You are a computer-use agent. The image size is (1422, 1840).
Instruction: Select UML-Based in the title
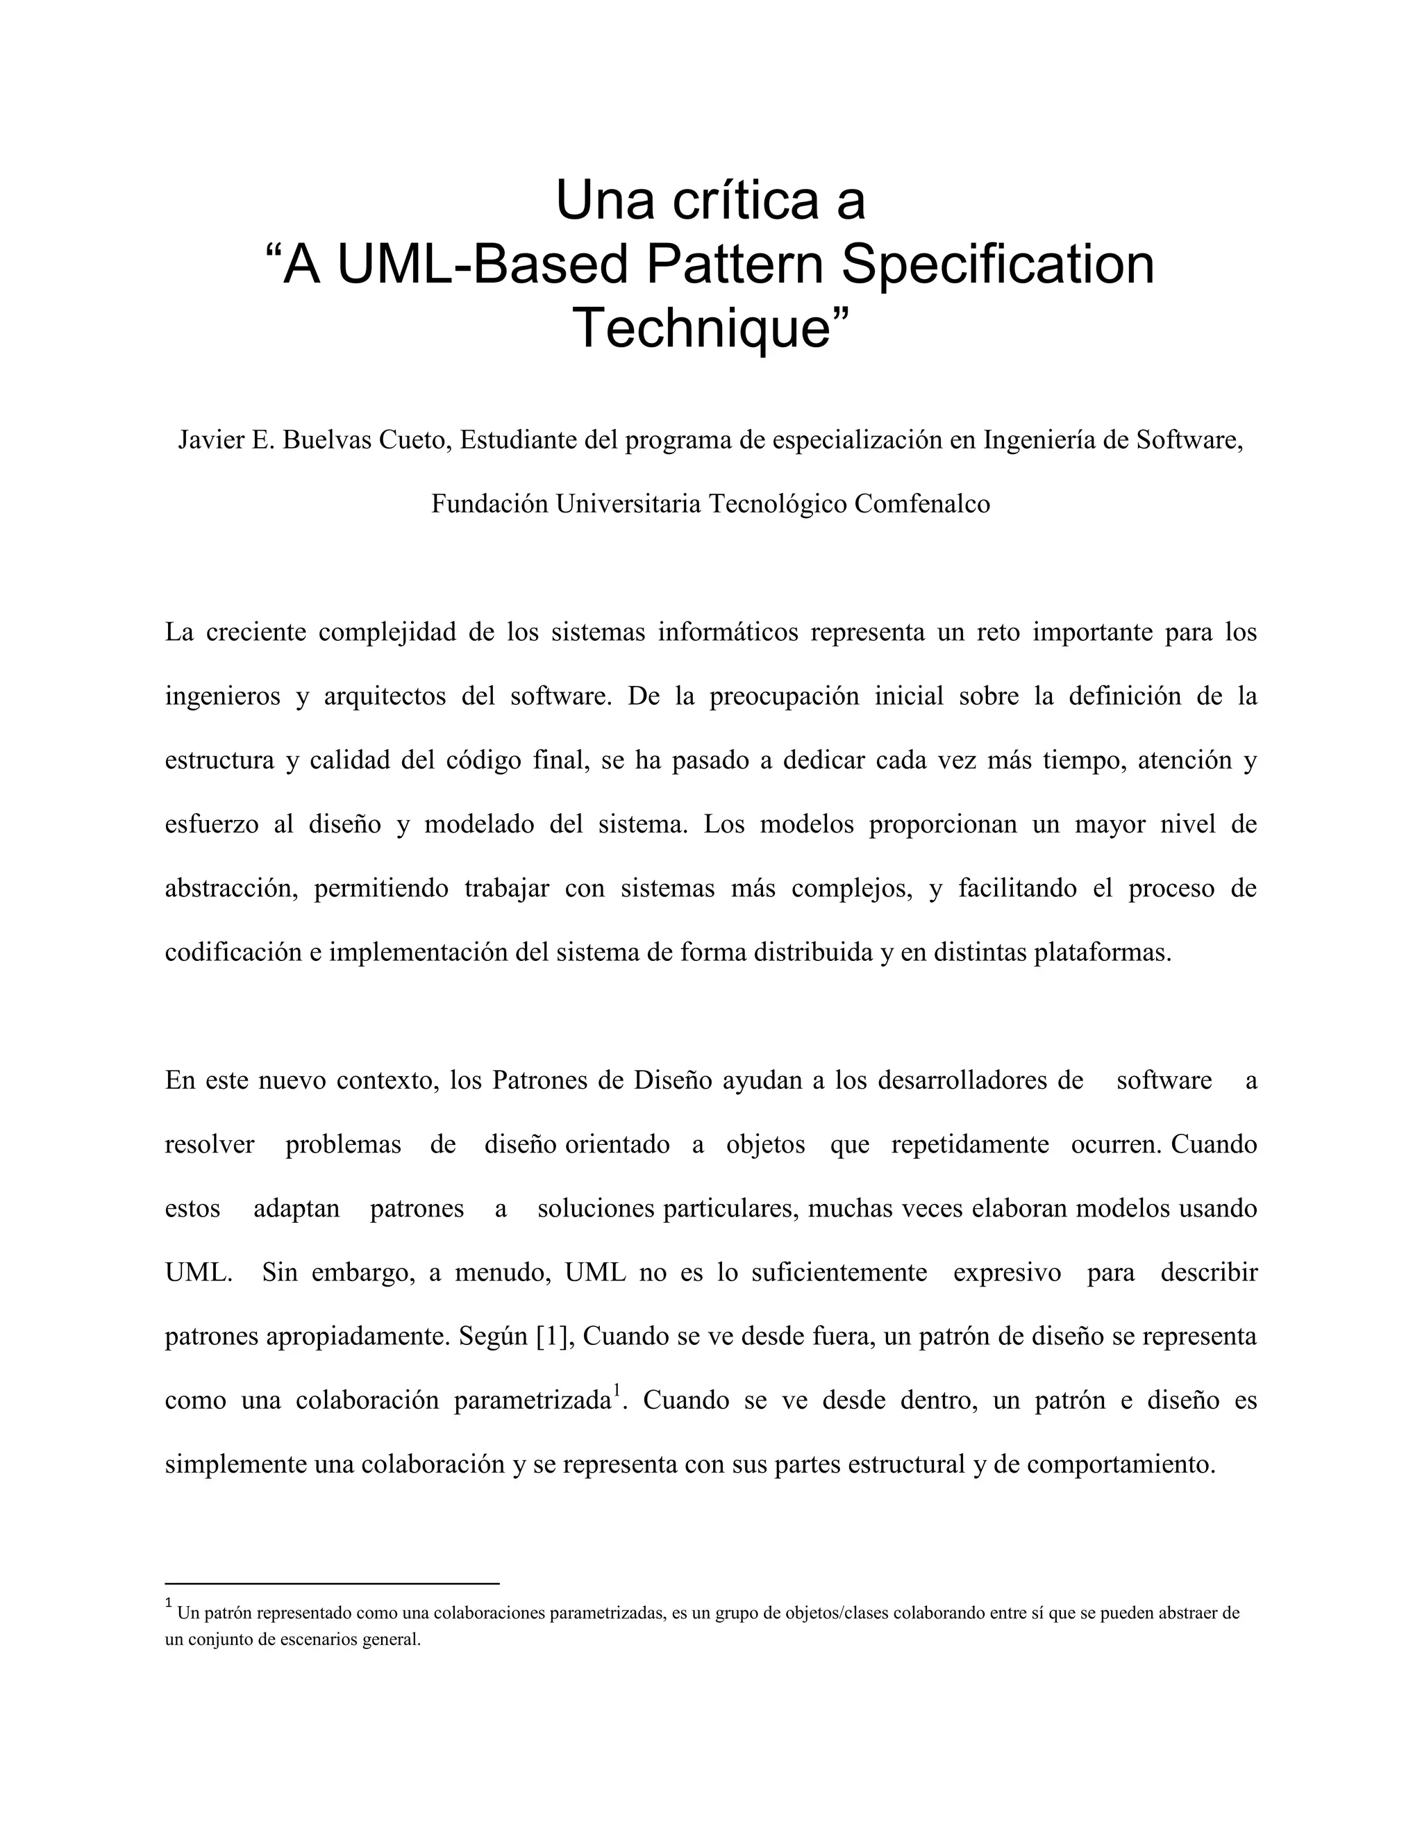coord(483,264)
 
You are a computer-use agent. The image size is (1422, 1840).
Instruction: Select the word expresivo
coord(1007,1272)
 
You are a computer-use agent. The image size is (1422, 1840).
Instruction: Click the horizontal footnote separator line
coord(332,1584)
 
